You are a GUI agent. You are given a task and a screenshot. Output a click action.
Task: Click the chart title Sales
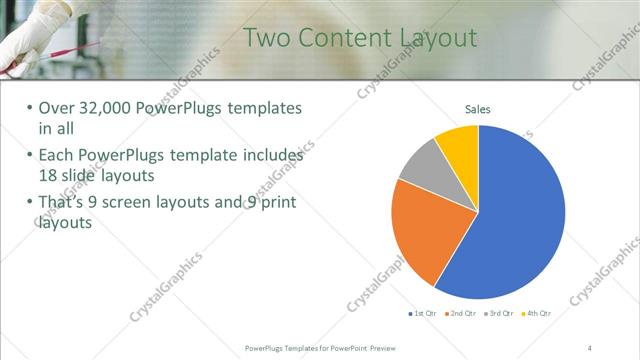click(x=478, y=110)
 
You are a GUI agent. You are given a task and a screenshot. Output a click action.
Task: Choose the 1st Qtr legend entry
click(x=423, y=313)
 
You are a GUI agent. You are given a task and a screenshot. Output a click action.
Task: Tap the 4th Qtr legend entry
click(x=536, y=313)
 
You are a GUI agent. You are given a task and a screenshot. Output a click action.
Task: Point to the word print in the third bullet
click(x=276, y=203)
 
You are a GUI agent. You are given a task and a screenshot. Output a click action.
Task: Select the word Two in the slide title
click(x=268, y=38)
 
